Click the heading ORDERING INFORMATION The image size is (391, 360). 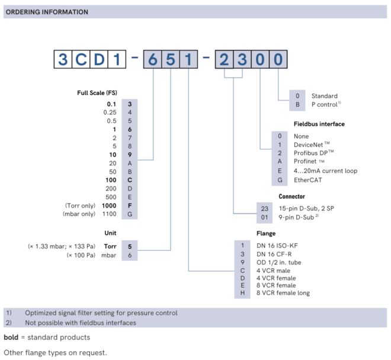pos(48,12)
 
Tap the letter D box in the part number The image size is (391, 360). pos(99,59)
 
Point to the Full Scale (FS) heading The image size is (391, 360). pos(97,93)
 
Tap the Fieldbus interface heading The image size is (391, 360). pos(319,124)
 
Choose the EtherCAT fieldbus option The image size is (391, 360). pos(308,180)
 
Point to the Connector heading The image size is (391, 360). pos(291,196)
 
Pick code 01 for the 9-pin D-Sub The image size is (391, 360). pos(265,217)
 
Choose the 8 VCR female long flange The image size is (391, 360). pos(283,293)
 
